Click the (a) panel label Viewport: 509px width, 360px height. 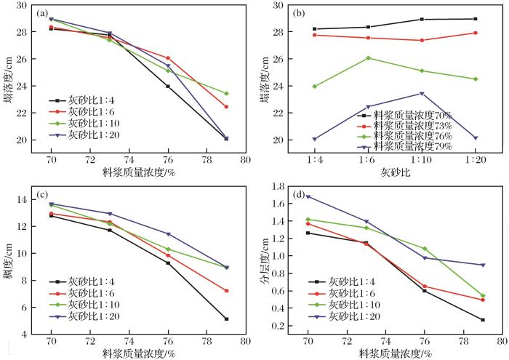coord(44,12)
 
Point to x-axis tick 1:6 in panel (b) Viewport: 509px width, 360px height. coord(368,155)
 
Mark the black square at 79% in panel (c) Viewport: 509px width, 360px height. coord(227,319)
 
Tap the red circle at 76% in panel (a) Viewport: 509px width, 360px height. coord(168,58)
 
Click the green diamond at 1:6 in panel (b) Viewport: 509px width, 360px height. coord(368,58)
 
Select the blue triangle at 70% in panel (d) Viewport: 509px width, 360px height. coord(308,196)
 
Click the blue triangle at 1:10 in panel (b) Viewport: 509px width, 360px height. coord(422,94)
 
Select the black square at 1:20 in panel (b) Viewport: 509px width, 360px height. coord(475,19)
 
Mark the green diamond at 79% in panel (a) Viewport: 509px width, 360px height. coord(227,93)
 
